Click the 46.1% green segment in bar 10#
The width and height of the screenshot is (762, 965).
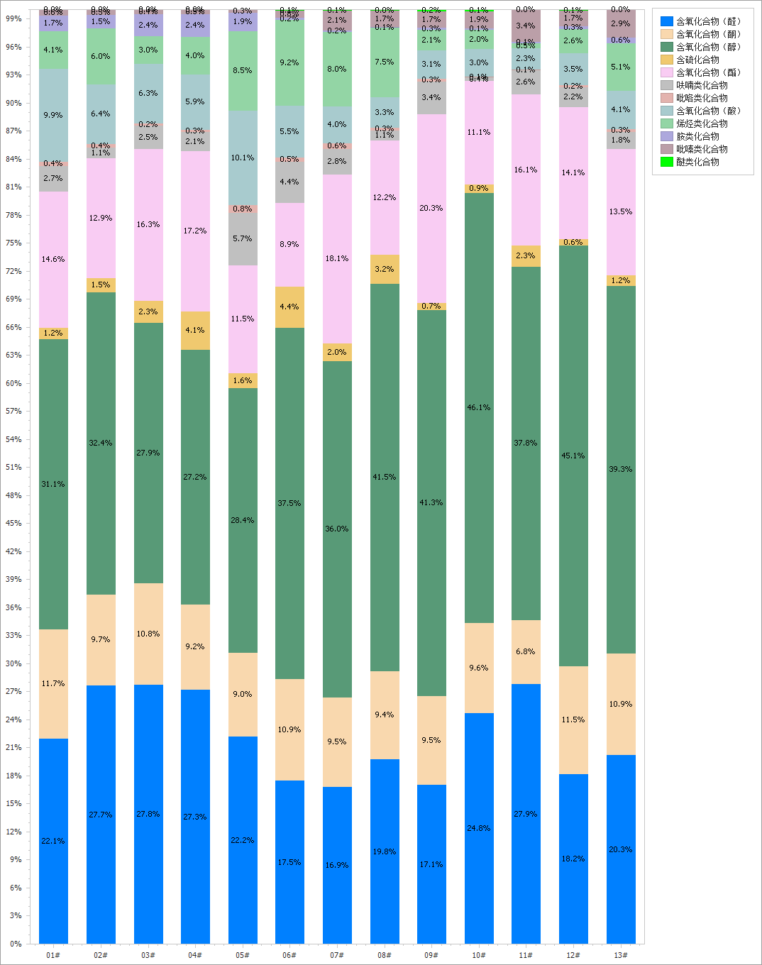tap(479, 408)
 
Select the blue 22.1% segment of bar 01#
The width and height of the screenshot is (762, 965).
tap(53, 841)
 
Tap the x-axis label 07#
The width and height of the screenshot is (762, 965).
tap(337, 955)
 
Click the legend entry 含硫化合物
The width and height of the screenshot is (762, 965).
tap(697, 60)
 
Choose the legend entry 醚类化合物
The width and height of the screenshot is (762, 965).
tap(697, 162)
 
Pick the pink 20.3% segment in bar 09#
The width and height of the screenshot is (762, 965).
tap(431, 209)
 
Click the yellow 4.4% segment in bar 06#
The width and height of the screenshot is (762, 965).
tap(289, 307)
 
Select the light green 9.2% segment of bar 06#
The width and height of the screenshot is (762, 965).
tap(289, 62)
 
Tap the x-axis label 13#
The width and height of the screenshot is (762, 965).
tap(621, 955)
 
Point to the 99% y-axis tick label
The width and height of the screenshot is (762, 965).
tap(13, 19)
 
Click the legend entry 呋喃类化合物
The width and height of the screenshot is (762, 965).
tap(702, 85)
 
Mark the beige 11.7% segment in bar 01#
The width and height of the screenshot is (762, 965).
tap(53, 683)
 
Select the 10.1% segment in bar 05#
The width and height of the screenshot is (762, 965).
tap(243, 158)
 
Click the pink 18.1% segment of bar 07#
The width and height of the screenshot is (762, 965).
tap(337, 258)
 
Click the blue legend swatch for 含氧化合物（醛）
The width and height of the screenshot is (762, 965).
tap(666, 21)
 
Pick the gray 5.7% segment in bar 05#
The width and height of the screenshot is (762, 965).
tap(243, 239)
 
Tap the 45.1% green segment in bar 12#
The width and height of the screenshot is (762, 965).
tap(573, 456)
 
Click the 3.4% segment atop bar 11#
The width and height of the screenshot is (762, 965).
tap(526, 26)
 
